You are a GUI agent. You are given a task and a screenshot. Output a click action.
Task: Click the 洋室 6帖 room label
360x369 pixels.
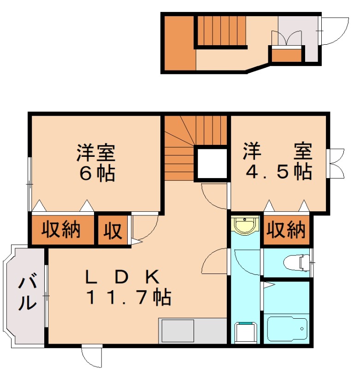point(96,162)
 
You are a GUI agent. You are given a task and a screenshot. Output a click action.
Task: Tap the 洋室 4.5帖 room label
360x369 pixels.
point(278,161)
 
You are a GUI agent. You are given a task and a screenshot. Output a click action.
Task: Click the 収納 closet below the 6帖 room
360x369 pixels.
point(62,229)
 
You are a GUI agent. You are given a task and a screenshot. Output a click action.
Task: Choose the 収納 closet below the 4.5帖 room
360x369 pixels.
point(286,229)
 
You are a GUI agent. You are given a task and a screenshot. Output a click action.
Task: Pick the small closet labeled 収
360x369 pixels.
point(112,229)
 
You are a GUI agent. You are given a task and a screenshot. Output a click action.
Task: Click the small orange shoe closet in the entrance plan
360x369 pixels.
point(286,54)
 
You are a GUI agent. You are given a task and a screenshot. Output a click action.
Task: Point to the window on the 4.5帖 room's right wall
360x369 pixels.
point(336,163)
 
